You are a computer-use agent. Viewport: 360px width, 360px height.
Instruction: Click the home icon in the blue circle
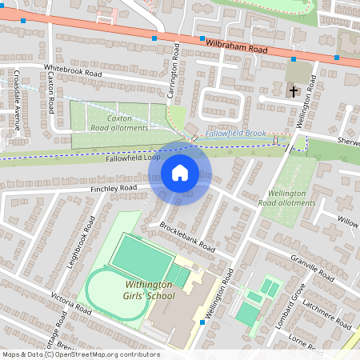pos(179,172)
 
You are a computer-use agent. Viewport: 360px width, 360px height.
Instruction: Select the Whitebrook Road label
pos(74,71)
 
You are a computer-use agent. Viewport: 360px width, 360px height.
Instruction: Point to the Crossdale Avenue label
pos(17,98)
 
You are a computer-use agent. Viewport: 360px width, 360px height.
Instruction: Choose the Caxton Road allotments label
pos(118,122)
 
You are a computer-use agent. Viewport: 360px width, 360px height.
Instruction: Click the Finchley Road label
pos(114,189)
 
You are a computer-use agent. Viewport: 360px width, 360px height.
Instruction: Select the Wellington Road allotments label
pos(289,198)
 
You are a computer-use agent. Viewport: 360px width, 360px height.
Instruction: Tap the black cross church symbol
pos(294,91)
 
